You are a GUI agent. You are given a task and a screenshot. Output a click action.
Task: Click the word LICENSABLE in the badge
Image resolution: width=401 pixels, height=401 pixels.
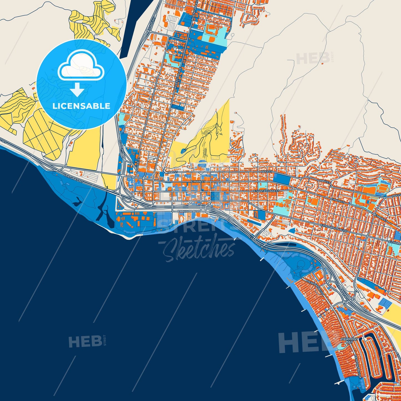(81, 106)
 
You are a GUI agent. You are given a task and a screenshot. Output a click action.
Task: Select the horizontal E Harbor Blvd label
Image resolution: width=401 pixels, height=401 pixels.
(189, 211)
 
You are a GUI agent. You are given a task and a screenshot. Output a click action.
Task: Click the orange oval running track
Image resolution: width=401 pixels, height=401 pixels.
(383, 185)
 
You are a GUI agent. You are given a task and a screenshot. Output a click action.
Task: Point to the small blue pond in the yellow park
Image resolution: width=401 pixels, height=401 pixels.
(183, 151)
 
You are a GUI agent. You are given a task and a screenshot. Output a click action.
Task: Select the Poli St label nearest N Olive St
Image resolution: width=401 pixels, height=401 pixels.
(170, 172)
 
